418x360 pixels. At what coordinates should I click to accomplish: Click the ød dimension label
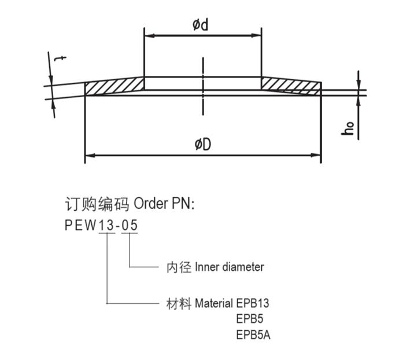[x=202, y=25]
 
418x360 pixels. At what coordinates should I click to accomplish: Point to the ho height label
[x=348, y=128]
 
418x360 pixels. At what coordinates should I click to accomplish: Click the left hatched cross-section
[x=114, y=86]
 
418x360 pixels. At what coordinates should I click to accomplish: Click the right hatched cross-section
[x=291, y=86]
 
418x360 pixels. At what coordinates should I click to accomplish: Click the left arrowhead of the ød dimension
[x=147, y=35]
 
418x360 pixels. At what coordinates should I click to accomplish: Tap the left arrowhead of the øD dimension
[x=89, y=155]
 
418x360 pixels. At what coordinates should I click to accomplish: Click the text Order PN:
[x=164, y=204]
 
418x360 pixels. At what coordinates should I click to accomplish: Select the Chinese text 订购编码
[x=97, y=204]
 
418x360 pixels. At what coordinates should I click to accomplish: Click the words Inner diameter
[x=230, y=267]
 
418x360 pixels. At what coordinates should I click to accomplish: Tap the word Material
[x=214, y=303]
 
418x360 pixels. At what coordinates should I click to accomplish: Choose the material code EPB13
[x=253, y=303]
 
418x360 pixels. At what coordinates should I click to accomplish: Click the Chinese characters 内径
[x=176, y=267]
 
